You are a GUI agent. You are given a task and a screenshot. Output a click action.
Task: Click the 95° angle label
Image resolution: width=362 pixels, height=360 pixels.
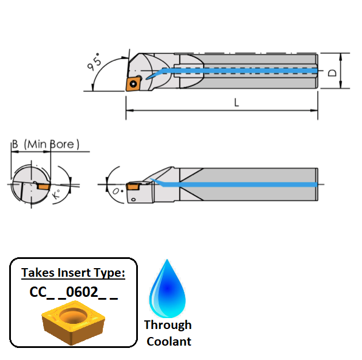[x=95, y=62]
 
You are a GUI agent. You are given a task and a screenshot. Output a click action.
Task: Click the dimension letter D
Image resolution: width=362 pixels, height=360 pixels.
[x=332, y=73]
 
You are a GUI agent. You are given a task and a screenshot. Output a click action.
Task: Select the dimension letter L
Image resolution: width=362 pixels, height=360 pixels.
[x=236, y=103]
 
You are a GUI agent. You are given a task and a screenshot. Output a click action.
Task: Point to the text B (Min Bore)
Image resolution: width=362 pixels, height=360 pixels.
[x=45, y=144]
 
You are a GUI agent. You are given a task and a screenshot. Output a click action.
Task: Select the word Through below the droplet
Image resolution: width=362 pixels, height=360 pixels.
[x=168, y=325]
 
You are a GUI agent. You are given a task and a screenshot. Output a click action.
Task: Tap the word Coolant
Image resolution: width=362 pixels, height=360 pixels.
[x=169, y=341]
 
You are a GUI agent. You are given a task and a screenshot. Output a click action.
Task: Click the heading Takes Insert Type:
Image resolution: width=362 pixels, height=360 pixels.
[x=73, y=273]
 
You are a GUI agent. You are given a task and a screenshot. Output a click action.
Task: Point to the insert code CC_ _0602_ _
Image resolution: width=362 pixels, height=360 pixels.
[x=74, y=292]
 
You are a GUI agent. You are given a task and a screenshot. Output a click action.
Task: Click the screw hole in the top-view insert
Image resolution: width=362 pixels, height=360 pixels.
[x=134, y=83]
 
